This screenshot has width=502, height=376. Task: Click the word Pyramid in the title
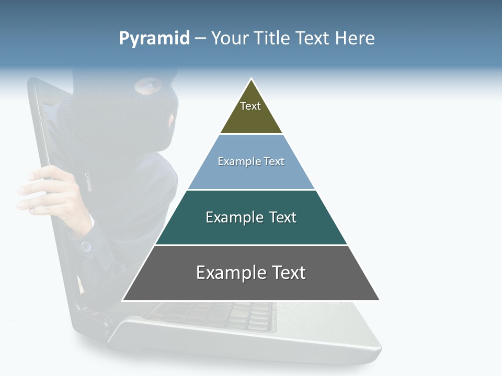pos(154,39)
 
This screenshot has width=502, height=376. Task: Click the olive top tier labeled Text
pos(251,112)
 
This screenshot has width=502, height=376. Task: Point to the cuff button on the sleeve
pos(86,245)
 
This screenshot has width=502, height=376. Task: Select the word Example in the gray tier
pos(227,273)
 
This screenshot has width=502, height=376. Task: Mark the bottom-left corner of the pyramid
pos(122,300)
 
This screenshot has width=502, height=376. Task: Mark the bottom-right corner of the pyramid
pos(380,300)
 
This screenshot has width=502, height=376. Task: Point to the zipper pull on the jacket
pos(88,183)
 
